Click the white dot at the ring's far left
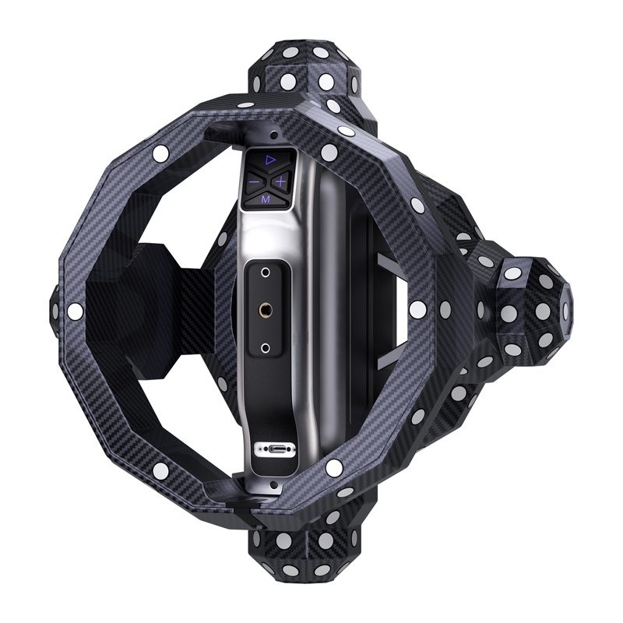click(x=76, y=311)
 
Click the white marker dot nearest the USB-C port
click(x=334, y=468)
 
